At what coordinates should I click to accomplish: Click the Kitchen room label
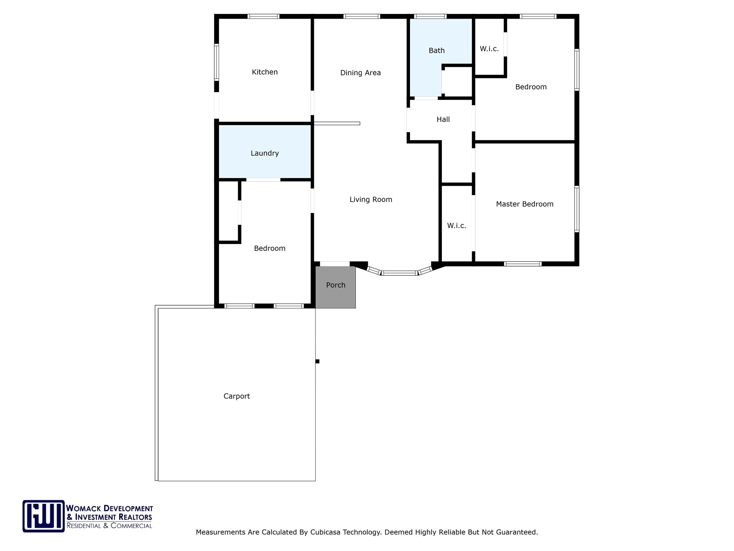point(264,72)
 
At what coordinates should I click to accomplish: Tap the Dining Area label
point(360,73)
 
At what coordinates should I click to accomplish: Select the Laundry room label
point(264,153)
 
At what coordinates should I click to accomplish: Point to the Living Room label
point(371,199)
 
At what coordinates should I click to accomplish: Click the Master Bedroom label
point(524,204)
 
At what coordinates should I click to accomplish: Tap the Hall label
point(443,119)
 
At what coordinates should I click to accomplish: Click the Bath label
point(437,51)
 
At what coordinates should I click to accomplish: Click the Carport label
point(237,396)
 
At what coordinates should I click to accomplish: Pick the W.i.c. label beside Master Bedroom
point(456,226)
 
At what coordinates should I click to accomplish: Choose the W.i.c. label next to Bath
point(489,49)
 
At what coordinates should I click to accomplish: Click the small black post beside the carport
point(317,361)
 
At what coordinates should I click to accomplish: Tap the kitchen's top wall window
point(263,16)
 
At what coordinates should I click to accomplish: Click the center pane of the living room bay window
point(399,273)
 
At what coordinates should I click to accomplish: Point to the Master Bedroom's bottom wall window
point(522,264)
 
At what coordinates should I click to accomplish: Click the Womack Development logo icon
point(43,516)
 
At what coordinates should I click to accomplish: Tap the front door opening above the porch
point(334,264)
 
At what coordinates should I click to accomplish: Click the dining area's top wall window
point(361,16)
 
